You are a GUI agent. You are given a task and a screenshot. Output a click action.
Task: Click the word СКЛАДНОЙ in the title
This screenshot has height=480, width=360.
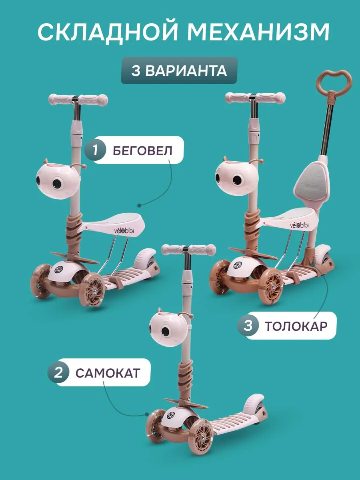tap(108, 32)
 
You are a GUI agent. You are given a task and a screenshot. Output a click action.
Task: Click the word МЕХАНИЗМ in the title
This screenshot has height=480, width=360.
tap(258, 32)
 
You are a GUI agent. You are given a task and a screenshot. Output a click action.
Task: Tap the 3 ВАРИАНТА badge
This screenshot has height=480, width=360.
tap(179, 70)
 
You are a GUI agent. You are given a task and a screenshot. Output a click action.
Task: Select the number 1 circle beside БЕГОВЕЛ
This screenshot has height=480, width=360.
tap(95, 150)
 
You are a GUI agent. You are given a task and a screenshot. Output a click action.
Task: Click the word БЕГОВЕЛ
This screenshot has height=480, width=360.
tap(142, 150)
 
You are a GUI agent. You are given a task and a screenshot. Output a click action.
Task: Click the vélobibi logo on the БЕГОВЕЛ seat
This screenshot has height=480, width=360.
tap(124, 231)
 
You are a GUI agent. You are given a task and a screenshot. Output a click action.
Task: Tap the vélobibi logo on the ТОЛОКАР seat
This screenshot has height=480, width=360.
tap(299, 225)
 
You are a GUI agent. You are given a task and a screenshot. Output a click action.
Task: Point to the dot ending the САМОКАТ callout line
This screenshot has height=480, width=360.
tap(147, 414)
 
